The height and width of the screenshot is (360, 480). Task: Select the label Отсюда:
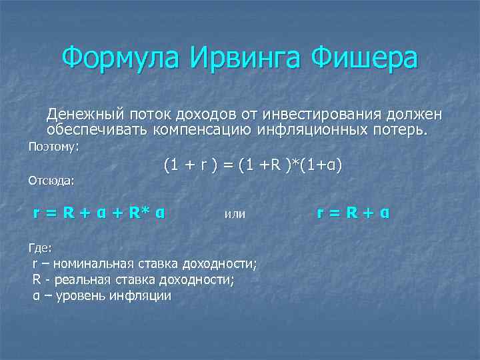click(51, 179)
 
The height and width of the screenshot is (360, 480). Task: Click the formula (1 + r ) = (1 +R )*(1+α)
click(253, 164)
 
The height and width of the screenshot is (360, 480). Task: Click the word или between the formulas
click(235, 214)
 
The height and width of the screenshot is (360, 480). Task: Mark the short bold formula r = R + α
click(354, 213)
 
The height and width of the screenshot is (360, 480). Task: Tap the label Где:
click(40, 248)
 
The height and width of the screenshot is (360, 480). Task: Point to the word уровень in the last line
click(83, 295)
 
